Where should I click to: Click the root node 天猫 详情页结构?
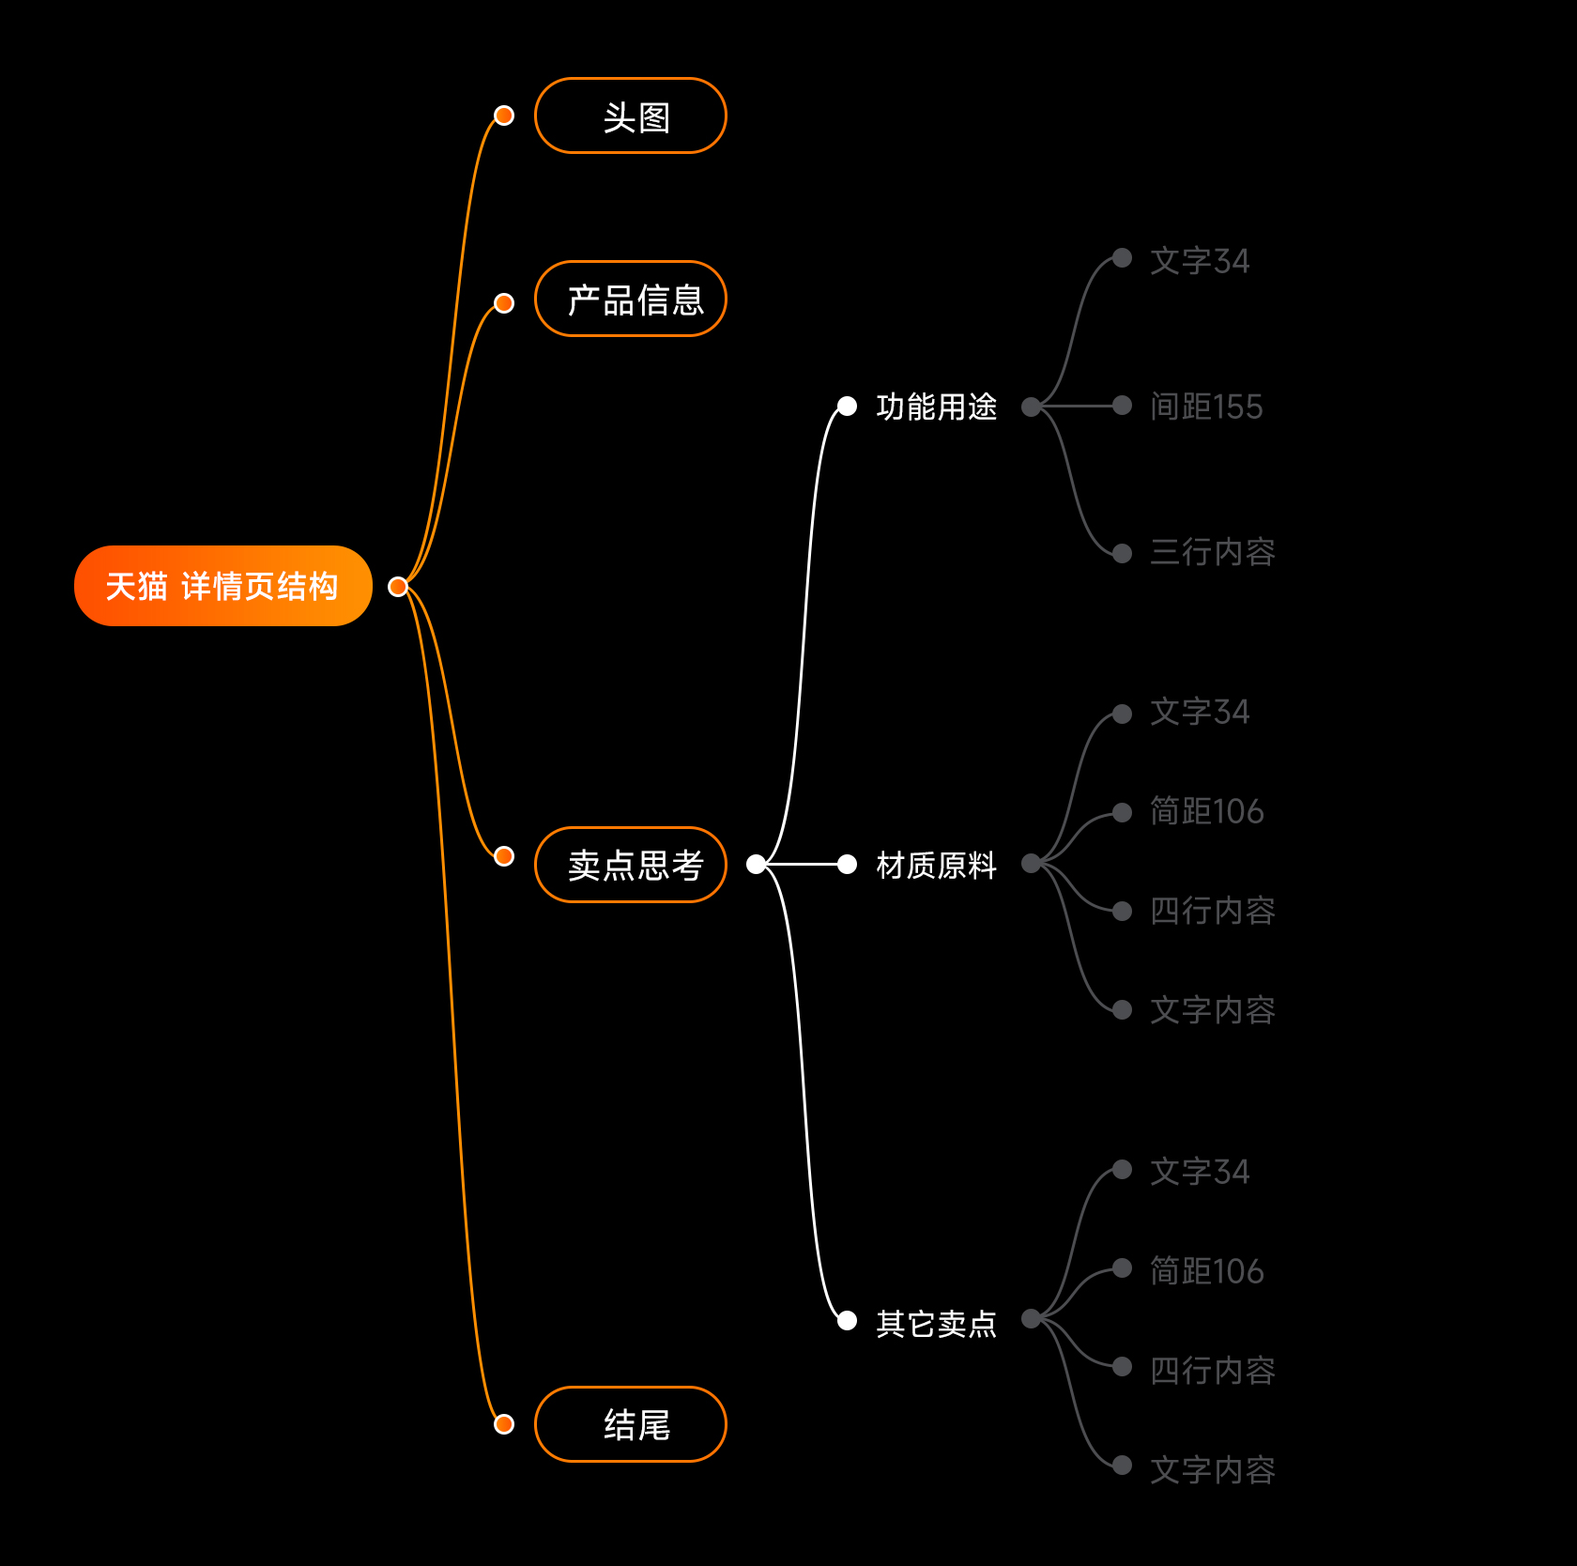222,586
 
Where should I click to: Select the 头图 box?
630,115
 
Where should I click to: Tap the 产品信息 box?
630,299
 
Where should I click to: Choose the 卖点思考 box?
630,864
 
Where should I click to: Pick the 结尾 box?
630,1423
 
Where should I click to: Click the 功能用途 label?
936,407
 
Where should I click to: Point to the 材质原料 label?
936,865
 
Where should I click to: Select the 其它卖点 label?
936,1323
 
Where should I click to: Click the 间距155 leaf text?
1206,407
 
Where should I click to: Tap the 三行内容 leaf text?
1212,552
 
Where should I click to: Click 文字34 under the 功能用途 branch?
1200,261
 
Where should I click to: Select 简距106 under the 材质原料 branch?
1206,811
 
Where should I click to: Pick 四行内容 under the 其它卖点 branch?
1212,1371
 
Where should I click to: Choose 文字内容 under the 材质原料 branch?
1212,1010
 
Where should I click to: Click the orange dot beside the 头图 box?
504,115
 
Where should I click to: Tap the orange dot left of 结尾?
504,1424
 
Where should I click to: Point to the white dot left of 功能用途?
847,406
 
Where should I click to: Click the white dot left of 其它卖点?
847,1321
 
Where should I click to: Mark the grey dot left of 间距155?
1122,406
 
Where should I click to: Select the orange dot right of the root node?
398,587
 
